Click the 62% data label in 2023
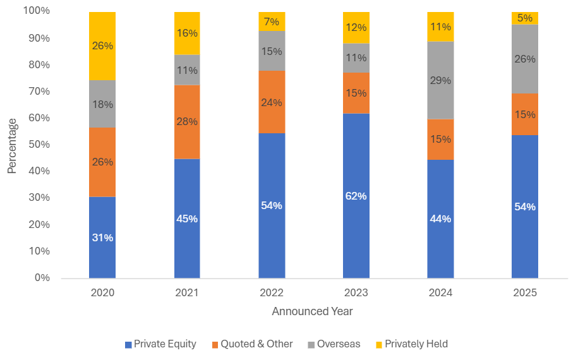[356, 196]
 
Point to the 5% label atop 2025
[525, 18]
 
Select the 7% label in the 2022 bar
[272, 21]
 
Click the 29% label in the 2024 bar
[440, 80]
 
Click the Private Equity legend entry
[160, 344]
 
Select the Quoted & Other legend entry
[252, 344]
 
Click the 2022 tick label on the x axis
[272, 292]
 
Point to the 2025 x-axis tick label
[525, 292]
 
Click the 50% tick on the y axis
[38, 145]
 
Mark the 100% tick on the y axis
[36, 11]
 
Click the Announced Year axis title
[312, 311]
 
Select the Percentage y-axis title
[12, 146]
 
